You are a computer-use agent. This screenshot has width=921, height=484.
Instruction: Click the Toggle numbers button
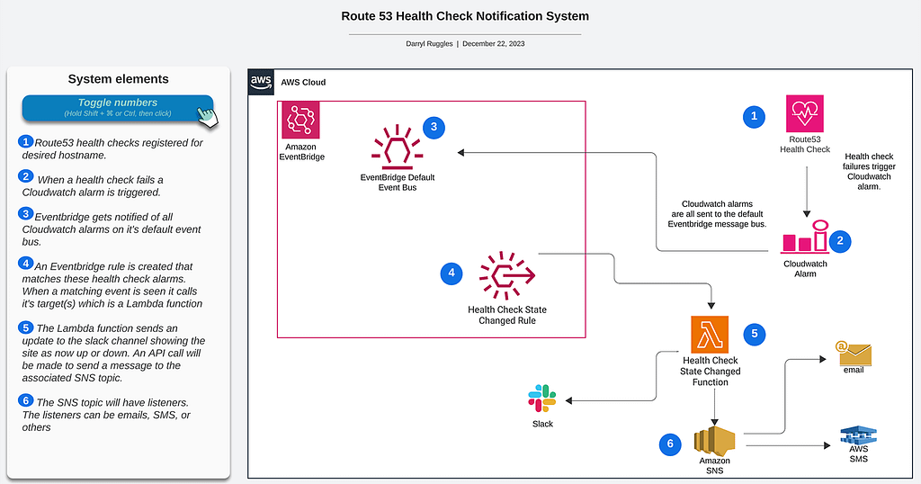118,107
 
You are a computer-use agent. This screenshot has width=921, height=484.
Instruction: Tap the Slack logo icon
542,399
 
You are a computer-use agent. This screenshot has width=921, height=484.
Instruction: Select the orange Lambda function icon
710,335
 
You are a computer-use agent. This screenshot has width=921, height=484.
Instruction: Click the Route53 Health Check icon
805,113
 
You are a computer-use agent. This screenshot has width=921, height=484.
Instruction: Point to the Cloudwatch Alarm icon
805,237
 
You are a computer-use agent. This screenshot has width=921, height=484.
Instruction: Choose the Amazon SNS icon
714,441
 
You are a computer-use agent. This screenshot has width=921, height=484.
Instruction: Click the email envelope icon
854,353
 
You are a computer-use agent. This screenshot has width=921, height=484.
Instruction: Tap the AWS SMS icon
858,435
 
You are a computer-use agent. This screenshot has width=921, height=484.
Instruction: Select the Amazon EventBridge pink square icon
300,120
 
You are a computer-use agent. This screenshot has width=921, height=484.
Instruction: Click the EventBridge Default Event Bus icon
397,147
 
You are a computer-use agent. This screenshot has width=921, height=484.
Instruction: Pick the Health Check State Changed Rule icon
507,275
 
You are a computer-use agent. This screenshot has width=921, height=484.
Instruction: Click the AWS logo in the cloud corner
261,82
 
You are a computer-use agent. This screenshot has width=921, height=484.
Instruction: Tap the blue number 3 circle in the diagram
434,127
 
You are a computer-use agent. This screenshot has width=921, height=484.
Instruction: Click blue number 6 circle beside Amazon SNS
670,444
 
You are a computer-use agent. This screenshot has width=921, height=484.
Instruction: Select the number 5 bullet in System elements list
25,327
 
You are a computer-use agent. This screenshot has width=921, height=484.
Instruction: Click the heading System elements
118,78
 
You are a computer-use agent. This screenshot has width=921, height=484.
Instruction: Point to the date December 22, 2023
494,43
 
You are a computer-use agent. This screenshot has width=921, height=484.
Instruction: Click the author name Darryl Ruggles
429,43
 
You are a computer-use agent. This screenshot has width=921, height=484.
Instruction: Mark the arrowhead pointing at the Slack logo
568,400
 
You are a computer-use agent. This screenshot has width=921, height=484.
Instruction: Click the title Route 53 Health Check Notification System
465,16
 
